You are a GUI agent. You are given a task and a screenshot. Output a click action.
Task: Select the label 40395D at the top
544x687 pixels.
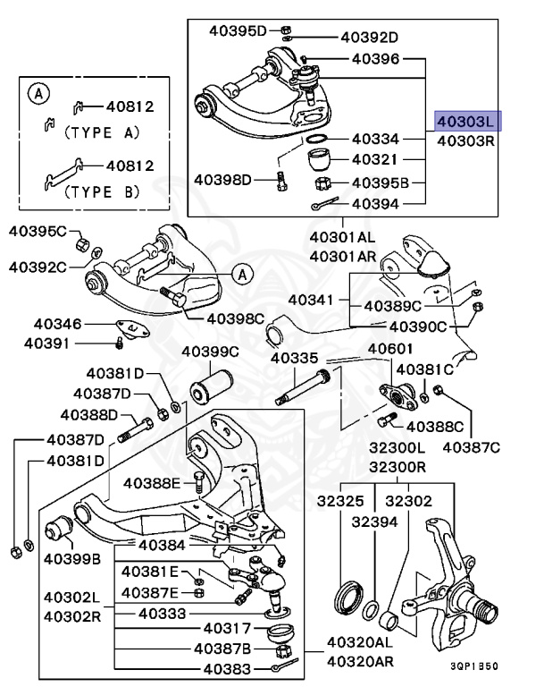pos(238,30)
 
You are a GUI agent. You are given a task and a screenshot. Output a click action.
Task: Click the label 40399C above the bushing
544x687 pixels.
pos(210,352)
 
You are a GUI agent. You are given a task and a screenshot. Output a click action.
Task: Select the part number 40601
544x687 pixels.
pos(390,349)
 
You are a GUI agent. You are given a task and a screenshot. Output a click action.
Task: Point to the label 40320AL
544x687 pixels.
pos(359,641)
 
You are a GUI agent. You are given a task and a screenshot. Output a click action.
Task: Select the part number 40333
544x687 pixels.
pos(163,614)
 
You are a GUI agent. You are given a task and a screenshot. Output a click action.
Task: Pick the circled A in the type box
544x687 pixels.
pos(38,92)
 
